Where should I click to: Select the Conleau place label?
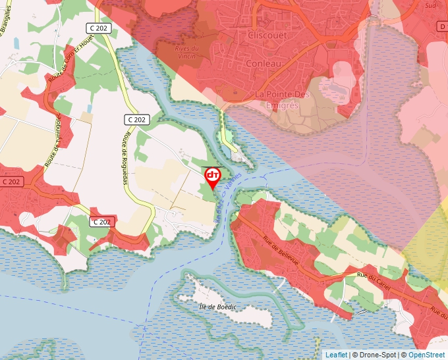[x=263, y=63]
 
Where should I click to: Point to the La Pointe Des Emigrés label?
[x=282, y=100]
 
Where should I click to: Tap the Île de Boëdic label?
[x=217, y=307]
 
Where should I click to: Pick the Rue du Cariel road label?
[x=374, y=277]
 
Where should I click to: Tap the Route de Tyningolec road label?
[x=54, y=140]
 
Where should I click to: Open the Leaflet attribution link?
[x=336, y=355]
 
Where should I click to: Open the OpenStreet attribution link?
[x=426, y=355]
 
